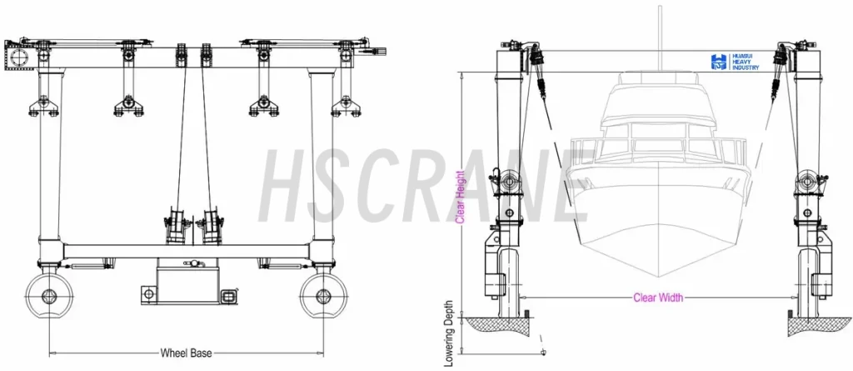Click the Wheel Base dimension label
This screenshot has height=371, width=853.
tap(186, 353)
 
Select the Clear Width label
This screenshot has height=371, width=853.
tap(658, 298)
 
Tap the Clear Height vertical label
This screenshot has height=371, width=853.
tap(460, 197)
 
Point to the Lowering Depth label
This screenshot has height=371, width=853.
tap(449, 333)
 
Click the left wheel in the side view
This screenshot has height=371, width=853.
tap(49, 296)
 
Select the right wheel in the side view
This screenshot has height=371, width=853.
tap(323, 296)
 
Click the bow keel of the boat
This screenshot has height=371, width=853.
tap(659, 255)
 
